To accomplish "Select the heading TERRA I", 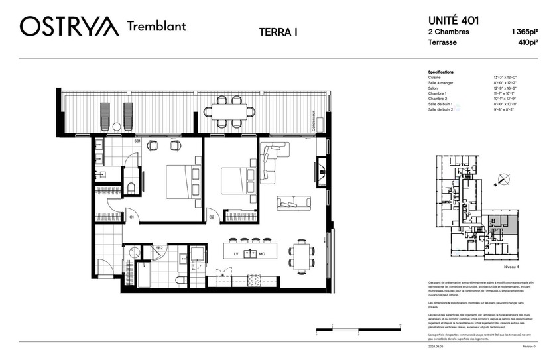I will click(277, 31).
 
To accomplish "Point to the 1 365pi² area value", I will click(523, 32).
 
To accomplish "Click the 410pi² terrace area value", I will click(528, 42).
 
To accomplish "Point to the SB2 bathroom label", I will click(159, 247).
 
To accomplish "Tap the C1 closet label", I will click(131, 217).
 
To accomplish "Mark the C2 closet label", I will click(212, 217).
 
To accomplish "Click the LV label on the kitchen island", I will click(236, 253).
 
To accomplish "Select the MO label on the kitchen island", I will click(262, 253).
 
